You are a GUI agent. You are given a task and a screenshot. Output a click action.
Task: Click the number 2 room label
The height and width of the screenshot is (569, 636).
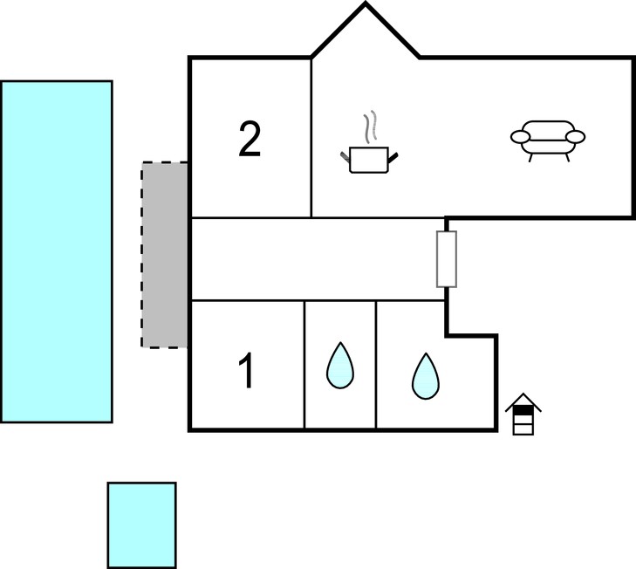click(x=250, y=140)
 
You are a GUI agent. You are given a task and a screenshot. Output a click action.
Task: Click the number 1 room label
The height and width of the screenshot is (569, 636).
click(x=246, y=370)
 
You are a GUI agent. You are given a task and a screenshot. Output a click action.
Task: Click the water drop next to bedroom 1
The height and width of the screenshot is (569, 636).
click(x=340, y=366)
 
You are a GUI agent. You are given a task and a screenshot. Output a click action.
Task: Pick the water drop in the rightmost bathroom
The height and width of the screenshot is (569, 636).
click(x=426, y=377)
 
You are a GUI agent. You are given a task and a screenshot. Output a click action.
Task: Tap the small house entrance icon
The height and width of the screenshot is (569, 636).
click(x=523, y=414)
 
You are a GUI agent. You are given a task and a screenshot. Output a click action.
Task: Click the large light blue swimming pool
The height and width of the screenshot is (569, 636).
click(x=57, y=251)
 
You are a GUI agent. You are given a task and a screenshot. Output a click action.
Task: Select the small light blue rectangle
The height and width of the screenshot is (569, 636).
click(x=142, y=525)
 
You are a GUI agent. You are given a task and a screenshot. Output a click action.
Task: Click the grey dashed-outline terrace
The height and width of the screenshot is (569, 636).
click(x=164, y=255)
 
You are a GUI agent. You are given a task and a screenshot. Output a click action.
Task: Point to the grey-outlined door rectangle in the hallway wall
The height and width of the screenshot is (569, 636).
click(x=447, y=259)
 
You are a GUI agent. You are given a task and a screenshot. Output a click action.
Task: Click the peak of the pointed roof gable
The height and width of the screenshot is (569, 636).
click(x=366, y=3)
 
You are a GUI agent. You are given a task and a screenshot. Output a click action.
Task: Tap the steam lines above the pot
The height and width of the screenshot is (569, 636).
click(x=370, y=127)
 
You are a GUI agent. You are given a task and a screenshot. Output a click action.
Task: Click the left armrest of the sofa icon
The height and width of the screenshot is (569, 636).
click(x=520, y=137)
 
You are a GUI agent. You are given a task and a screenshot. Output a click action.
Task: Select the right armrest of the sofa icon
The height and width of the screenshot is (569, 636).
click(x=575, y=137)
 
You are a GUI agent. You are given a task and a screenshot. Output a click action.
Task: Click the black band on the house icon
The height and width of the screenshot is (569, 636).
click(x=523, y=411)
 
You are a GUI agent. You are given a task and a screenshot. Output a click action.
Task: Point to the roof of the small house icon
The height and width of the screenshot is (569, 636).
click(x=523, y=401)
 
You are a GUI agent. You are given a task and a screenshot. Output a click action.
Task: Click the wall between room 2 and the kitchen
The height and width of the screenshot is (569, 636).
click(x=311, y=138)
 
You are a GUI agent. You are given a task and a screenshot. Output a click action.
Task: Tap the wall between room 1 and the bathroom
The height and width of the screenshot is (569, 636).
click(x=304, y=365)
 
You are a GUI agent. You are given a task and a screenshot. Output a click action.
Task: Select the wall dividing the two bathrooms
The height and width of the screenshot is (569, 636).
click(x=376, y=365)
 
